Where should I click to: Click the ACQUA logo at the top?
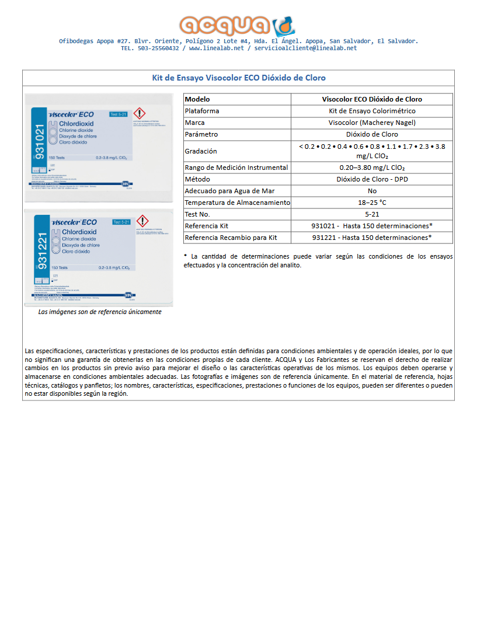pyautogui.click(x=238, y=25)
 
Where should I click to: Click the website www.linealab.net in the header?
pyautogui.click(x=216, y=48)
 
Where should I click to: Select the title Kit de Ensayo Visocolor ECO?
pyautogui.click(x=238, y=78)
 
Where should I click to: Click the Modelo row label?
pyautogui.click(x=197, y=99)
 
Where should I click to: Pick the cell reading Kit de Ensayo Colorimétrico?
pyautogui.click(x=372, y=111)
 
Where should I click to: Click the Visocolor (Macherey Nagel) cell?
pyautogui.click(x=372, y=123)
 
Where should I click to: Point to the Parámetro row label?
pyautogui.click(x=201, y=134)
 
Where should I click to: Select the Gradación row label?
pyautogui.click(x=201, y=151)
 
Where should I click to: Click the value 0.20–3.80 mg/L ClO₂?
pyautogui.click(x=372, y=168)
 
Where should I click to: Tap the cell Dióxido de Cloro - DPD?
pyautogui.click(x=372, y=179)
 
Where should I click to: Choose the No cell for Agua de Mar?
pyautogui.click(x=372, y=191)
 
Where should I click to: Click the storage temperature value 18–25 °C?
pyautogui.click(x=372, y=203)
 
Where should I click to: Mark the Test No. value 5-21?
pyautogui.click(x=372, y=214)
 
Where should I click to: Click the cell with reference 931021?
pyautogui.click(x=372, y=226)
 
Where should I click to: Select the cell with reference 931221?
pyautogui.click(x=372, y=238)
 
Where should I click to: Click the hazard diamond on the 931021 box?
pyautogui.click(x=140, y=113)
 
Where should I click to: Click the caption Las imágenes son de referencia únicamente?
pyautogui.click(x=100, y=312)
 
